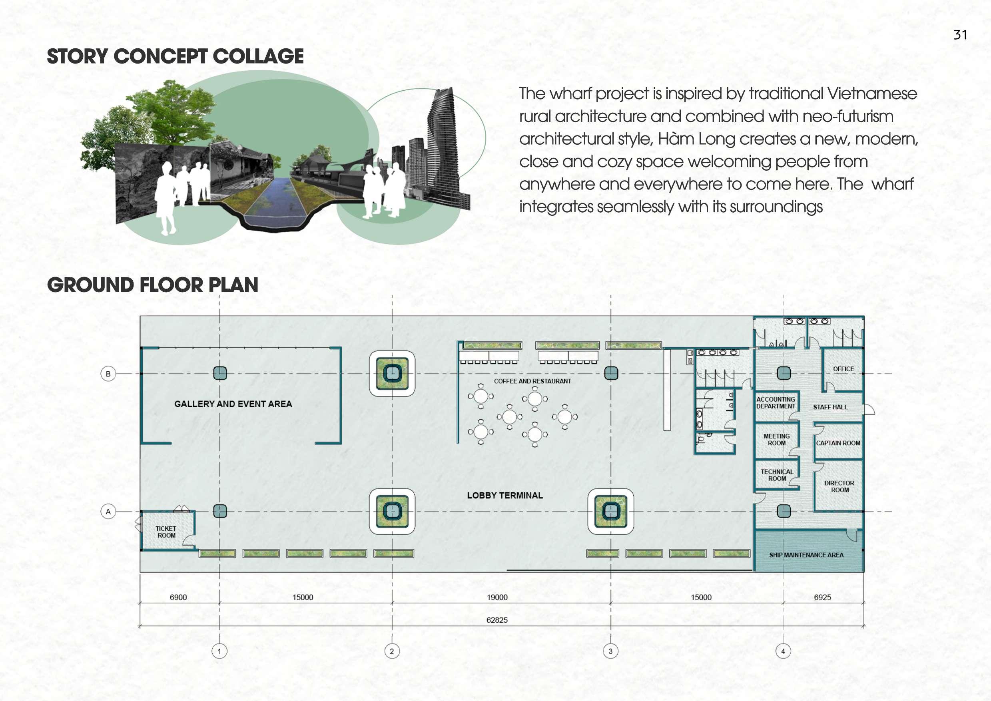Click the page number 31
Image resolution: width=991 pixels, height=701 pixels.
pos(960,35)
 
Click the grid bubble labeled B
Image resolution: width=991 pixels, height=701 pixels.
pos(108,374)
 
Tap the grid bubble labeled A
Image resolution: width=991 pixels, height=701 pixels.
pos(108,512)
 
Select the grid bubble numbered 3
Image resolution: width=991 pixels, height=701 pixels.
pos(610,651)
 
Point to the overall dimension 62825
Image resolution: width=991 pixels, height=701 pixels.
pos(496,620)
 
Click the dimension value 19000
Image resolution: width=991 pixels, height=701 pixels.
pos(497,597)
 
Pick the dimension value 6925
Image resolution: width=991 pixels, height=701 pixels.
pos(822,597)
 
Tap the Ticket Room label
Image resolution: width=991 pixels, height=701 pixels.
pos(166,532)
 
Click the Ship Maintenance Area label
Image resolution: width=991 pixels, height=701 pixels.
pos(806,555)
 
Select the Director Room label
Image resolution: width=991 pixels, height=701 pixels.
pos(839,486)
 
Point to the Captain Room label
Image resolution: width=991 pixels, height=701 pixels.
pos(838,443)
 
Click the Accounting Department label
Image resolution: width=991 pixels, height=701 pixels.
pos(776,403)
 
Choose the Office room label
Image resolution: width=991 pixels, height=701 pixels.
pos(843,369)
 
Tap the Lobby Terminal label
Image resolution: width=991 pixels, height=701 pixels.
pos(505,496)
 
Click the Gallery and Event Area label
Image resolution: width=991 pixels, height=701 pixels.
pos(233,404)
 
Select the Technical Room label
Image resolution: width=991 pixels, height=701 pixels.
pos(777,475)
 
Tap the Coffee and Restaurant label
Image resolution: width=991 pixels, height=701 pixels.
pos(532,381)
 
